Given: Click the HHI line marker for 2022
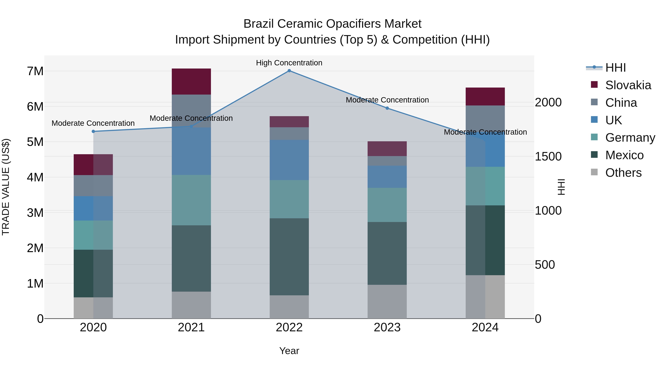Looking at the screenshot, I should [x=289, y=71].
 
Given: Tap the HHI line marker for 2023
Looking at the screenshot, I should [x=387, y=108].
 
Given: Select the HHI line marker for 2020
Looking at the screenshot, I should [x=93, y=131].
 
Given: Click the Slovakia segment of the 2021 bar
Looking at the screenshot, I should [x=191, y=82].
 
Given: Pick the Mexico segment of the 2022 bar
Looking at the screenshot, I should [x=289, y=257].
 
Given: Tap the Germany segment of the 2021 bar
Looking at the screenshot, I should [x=191, y=200].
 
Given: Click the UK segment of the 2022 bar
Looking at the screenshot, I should [x=289, y=160].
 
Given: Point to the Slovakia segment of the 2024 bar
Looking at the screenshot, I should [x=485, y=97].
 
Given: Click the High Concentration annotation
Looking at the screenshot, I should [x=289, y=63].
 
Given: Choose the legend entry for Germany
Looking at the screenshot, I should [x=630, y=138].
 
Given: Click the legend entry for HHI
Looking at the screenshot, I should [x=615, y=68].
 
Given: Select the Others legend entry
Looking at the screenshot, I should [x=623, y=173].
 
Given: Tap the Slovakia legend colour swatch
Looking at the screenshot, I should [x=594, y=85].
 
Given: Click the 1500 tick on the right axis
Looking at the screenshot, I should [x=548, y=156].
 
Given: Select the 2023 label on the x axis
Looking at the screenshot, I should [x=387, y=327].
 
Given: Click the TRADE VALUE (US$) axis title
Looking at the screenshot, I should [x=6, y=187].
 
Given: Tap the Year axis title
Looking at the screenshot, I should [x=289, y=351].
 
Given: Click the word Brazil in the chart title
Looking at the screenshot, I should [x=258, y=24].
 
